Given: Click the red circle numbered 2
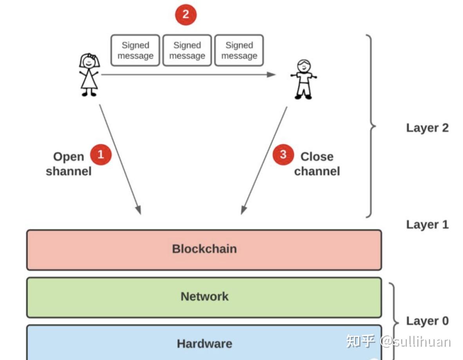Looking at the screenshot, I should (186, 15).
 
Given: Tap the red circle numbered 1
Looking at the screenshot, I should (101, 155).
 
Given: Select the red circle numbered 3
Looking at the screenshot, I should (283, 155).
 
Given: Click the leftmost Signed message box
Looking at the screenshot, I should (135, 50).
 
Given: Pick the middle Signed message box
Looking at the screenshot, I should (187, 50).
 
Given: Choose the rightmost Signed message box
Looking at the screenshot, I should (239, 50).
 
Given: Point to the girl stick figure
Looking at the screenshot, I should (89, 75).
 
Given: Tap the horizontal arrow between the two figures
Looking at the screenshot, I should (188, 74).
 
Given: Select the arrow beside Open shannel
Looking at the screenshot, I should (120, 160).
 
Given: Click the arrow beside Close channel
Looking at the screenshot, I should (264, 160).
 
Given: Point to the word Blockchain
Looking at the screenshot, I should (204, 249).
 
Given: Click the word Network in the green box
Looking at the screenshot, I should (204, 297).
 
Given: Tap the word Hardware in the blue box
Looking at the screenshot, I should (204, 344).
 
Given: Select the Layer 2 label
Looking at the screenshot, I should (427, 128).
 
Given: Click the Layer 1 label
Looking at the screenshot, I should (427, 225).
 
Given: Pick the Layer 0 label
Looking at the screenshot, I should (427, 321).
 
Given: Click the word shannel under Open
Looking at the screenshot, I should (69, 171).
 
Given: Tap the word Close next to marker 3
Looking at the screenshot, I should (317, 157).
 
